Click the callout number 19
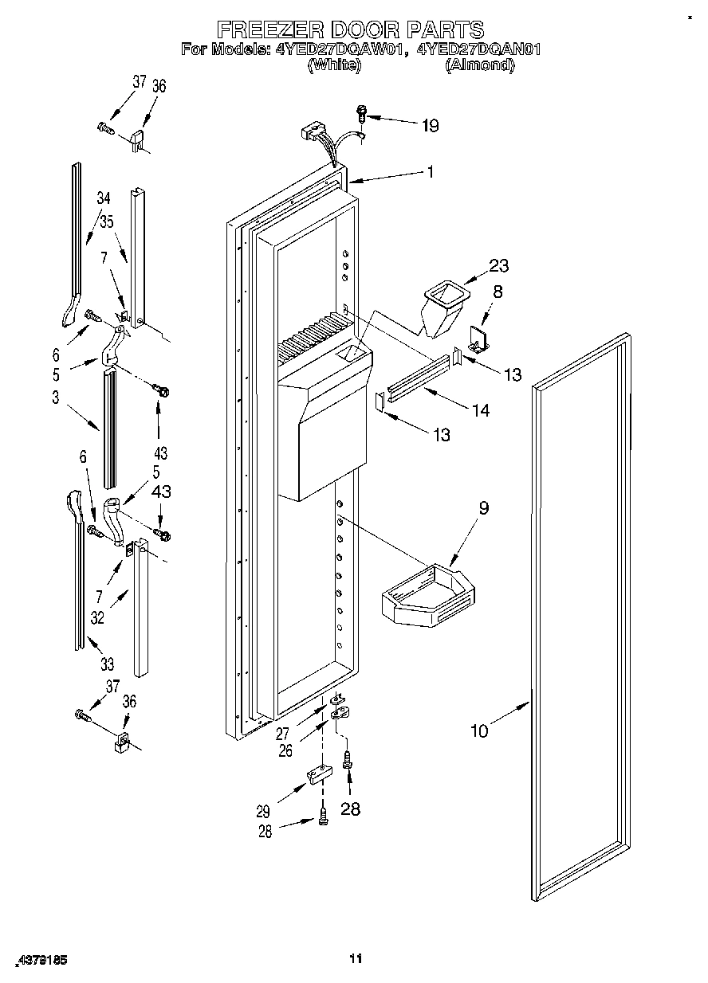[x=430, y=125]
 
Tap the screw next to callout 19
[x=361, y=114]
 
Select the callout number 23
[x=499, y=266]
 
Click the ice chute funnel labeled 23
[x=442, y=307]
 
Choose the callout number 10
[x=479, y=730]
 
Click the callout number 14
[x=480, y=411]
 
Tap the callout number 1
[x=430, y=171]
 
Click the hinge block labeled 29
[x=317, y=774]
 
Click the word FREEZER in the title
[x=267, y=29]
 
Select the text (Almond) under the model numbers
[x=478, y=66]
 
